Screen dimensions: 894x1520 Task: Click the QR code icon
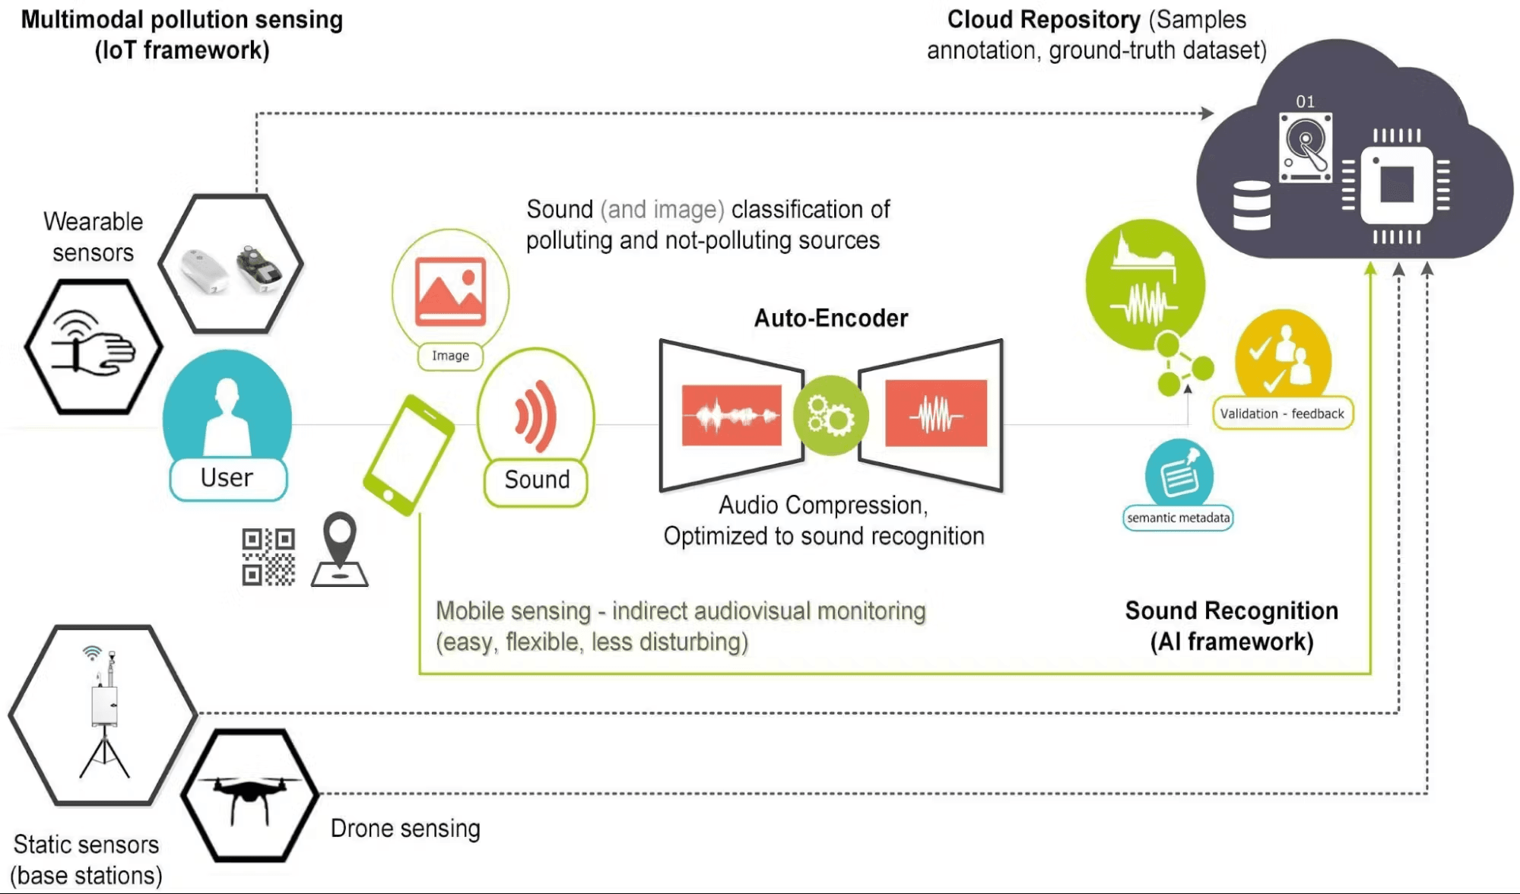pos(268,557)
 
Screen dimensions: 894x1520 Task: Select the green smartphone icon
pos(408,455)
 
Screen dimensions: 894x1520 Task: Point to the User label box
pos(227,478)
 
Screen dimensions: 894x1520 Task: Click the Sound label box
pos(536,480)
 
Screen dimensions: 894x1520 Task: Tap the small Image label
pos(450,356)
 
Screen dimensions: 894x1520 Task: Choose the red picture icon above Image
pos(450,292)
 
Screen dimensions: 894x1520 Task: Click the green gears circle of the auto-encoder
pos(830,416)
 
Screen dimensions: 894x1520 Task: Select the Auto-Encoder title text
pos(830,318)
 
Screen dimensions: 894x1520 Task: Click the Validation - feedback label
pos(1282,414)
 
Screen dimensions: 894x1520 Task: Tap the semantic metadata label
pos(1178,518)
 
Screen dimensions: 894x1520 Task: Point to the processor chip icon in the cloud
pos(1396,185)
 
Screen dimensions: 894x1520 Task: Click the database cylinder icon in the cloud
pos(1252,205)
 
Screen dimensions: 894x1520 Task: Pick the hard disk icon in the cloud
pos(1306,147)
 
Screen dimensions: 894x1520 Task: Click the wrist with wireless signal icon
pos(93,347)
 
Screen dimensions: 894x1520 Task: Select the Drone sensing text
pos(405,829)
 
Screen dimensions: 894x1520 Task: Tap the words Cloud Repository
pos(1043,20)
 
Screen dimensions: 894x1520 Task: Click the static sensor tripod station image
pos(104,715)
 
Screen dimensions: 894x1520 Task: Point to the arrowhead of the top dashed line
pos(1207,113)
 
